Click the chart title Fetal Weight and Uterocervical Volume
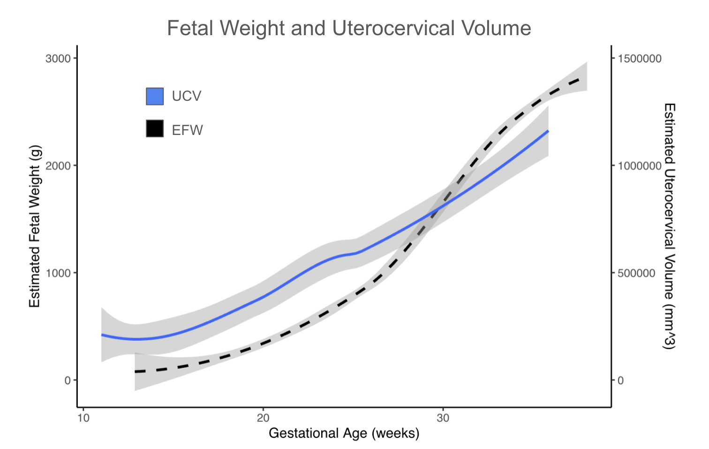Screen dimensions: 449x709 [349, 28]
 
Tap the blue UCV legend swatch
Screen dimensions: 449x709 [155, 96]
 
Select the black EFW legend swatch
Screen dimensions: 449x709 [155, 128]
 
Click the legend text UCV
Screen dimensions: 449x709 [187, 96]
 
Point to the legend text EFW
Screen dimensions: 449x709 [188, 130]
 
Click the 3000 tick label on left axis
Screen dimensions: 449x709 [58, 59]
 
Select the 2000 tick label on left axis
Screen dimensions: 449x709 [58, 166]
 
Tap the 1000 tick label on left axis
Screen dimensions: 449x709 [58, 273]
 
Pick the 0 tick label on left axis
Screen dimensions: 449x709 [67, 381]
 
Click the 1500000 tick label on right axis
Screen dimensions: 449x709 [640, 59]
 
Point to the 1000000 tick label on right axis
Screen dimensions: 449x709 [640, 166]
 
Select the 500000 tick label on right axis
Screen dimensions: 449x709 [636, 273]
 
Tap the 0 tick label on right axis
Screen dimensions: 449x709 [620, 381]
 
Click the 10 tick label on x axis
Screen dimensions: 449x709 [83, 418]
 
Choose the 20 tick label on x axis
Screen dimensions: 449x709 [263, 418]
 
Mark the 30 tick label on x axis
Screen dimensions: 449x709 [443, 418]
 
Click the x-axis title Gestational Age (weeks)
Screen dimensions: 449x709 [344, 433]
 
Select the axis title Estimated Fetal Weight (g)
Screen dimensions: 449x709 [35, 226]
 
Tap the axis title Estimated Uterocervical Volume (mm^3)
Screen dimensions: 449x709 [669, 226]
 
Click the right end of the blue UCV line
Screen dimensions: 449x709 [548, 131]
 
